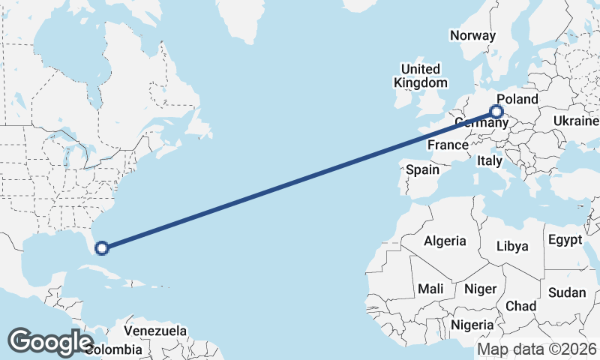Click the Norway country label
point(472,35)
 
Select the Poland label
point(517,99)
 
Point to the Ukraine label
point(576,121)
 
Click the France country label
point(448,144)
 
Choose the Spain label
point(422,169)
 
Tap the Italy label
point(489,160)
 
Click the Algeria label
point(445,241)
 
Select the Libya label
point(512,246)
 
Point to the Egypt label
point(565,240)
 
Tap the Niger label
point(481,289)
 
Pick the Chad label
point(520,306)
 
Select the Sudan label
point(566,292)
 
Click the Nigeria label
point(472,325)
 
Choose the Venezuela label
point(155,330)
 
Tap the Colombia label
point(114,349)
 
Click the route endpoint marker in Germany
point(496,112)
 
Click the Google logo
point(51,341)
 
